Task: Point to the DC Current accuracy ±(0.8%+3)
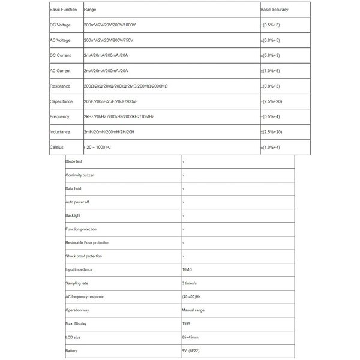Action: tap(271, 56)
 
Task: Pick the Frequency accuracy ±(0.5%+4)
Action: tap(271, 116)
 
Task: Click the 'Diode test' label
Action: tap(74, 161)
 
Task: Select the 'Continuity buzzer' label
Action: tap(80, 175)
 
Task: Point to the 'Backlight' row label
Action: tap(73, 215)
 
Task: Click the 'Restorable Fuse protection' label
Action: tap(88, 242)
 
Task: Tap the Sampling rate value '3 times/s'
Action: tap(191, 283)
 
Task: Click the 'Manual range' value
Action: tap(194, 311)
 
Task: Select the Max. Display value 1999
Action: tap(187, 325)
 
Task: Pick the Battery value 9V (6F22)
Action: tap(193, 352)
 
